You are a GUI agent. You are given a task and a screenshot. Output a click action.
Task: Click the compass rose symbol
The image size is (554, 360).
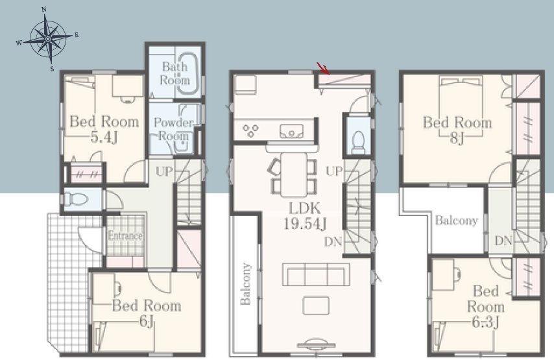point(47,38)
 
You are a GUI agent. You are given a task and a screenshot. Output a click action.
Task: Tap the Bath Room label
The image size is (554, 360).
point(175,73)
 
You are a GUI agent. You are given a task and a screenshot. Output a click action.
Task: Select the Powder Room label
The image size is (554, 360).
point(173,129)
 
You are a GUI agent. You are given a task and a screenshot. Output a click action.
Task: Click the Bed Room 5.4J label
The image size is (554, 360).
point(104,128)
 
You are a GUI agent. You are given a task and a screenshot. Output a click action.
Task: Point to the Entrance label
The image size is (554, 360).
point(125,235)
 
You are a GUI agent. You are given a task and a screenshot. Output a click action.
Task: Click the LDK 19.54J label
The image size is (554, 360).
point(304,215)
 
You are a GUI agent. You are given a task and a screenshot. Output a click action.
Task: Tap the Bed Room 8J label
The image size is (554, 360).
point(457,130)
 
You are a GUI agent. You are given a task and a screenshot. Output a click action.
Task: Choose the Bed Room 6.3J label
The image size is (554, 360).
point(486,307)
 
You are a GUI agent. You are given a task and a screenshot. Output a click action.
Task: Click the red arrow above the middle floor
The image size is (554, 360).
point(323,69)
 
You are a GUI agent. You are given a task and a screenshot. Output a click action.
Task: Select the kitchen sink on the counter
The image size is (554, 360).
point(291,131)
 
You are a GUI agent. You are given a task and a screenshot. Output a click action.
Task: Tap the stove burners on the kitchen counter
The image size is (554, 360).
point(250,131)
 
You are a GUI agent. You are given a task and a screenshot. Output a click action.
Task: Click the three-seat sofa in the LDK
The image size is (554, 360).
point(316,274)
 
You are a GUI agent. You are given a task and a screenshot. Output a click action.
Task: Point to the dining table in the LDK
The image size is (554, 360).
point(294,174)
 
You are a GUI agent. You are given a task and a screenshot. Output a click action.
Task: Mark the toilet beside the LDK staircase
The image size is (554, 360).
point(358,142)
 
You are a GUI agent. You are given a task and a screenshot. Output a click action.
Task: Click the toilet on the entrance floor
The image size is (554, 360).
point(76,199)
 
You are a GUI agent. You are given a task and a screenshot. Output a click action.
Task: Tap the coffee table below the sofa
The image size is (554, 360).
point(316,306)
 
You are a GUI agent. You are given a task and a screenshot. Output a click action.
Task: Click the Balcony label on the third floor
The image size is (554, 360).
point(457,221)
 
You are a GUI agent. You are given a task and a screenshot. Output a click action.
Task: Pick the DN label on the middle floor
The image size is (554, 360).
point(333,242)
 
